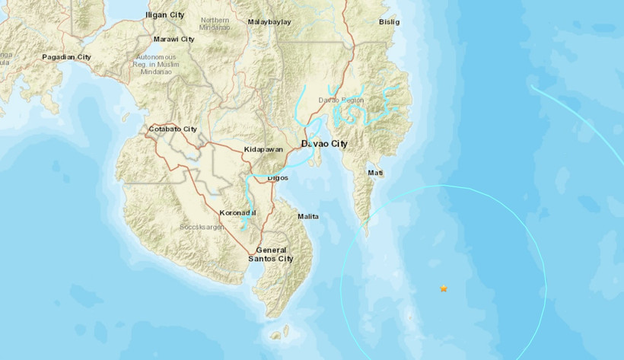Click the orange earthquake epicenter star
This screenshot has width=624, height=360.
click(x=444, y=288)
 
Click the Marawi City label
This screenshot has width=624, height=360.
click(x=174, y=39)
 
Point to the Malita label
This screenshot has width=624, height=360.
click(x=308, y=217)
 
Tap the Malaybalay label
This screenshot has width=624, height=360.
click(x=269, y=22)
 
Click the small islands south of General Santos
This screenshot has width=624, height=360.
click(x=280, y=333)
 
